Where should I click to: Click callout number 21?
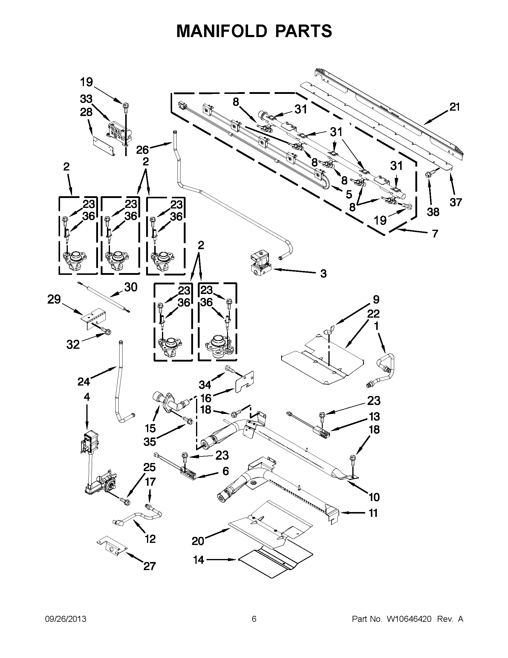[x=455, y=107]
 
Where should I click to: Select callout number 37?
[x=456, y=202]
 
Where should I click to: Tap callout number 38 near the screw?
[x=433, y=212]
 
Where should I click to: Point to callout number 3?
[x=323, y=274]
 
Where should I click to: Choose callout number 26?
[x=142, y=150]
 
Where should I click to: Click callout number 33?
[x=86, y=99]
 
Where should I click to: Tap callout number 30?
[x=131, y=287]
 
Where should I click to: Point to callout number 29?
[x=54, y=299]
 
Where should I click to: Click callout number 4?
[x=87, y=397]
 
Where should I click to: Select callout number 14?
[x=199, y=560]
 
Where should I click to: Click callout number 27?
[x=150, y=566]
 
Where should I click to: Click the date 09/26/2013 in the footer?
[x=66, y=619]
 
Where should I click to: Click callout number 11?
[x=373, y=513]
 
